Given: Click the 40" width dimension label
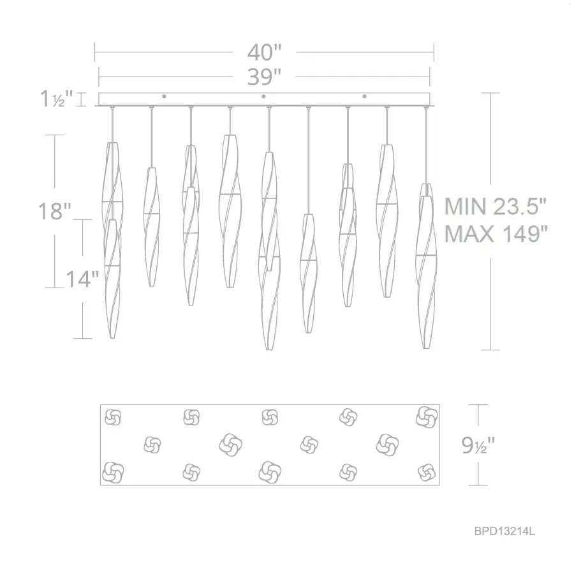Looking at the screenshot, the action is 264,52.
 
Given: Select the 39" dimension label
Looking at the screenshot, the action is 264,77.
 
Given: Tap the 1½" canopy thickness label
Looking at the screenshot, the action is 57,99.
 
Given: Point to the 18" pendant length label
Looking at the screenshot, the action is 55,211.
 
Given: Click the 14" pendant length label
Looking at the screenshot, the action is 82,279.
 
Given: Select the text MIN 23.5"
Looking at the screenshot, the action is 496,207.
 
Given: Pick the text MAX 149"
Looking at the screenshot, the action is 496,233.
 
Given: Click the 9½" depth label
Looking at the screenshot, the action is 478,445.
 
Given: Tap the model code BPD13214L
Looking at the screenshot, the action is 504,531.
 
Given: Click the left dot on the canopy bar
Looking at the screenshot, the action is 164,96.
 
